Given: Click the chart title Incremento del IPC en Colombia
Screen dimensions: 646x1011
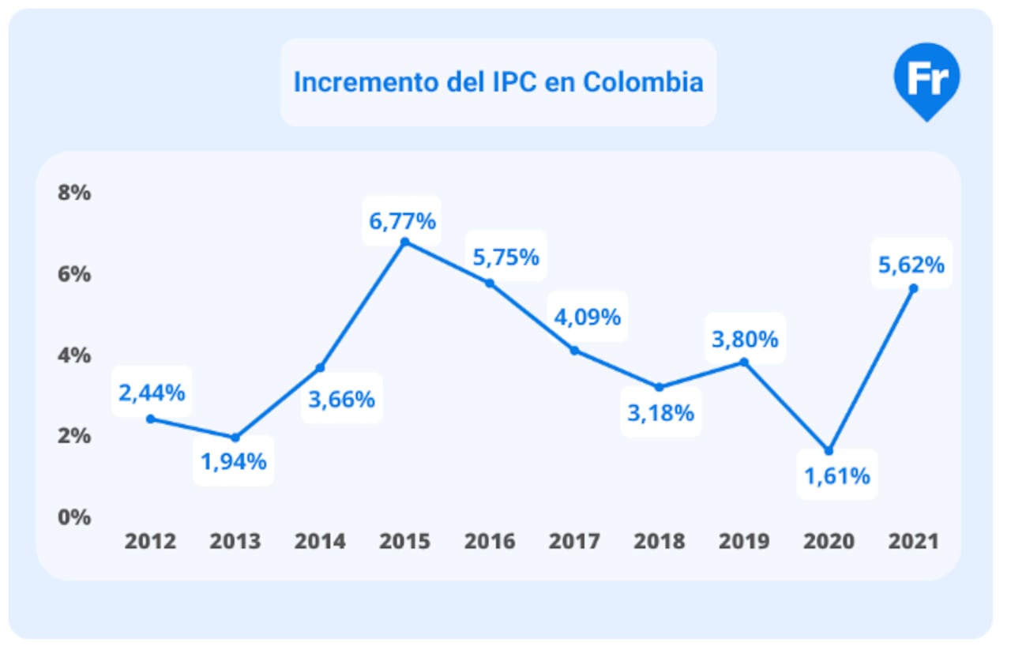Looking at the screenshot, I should click(498, 82).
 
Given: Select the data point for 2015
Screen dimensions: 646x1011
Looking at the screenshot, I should click(404, 242).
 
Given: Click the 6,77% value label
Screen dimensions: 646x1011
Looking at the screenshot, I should click(403, 221).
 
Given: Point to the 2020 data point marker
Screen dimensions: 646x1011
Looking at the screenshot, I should click(829, 451).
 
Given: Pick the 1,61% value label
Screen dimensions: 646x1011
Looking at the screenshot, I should click(837, 476).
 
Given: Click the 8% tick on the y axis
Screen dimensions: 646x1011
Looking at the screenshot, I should click(74, 193).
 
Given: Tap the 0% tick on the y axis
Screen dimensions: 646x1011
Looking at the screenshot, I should click(74, 517).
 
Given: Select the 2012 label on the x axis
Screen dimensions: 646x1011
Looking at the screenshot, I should click(151, 542).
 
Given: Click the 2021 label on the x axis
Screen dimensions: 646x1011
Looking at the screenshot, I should click(913, 542).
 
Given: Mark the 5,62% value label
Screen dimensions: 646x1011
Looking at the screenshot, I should click(911, 265).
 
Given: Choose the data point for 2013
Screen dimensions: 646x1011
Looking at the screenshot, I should click(235, 438).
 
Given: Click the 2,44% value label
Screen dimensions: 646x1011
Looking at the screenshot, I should click(152, 392).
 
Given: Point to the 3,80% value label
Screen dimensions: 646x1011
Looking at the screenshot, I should click(746, 340).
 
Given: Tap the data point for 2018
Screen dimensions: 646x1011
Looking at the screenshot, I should click(659, 387).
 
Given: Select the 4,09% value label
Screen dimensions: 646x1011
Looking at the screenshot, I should click(587, 317).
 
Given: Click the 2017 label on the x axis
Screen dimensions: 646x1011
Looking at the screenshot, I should click(574, 542).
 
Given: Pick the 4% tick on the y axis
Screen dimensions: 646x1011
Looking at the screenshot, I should click(74, 355).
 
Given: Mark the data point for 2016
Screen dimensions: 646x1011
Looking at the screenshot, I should click(489, 283).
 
